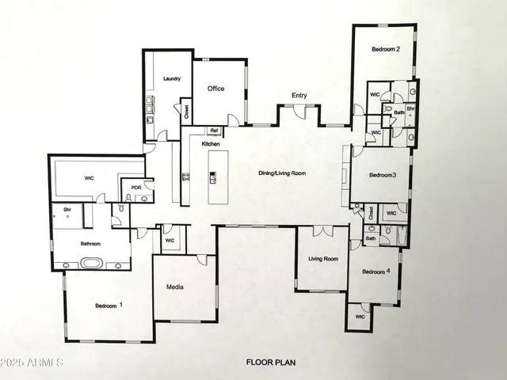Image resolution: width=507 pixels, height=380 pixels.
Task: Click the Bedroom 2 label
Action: (386, 50)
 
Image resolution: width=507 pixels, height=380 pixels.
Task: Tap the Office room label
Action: (216, 89)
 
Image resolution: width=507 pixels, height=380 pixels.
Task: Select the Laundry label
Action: (172, 79)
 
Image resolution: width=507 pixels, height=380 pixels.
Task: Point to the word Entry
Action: (299, 96)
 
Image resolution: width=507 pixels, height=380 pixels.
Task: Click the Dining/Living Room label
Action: (282, 173)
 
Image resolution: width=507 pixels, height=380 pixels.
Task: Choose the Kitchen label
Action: (210, 144)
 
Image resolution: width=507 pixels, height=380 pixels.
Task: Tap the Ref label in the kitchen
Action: (214, 131)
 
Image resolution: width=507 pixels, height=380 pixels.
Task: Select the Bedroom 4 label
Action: (376, 272)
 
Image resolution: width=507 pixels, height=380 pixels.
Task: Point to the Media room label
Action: (175, 287)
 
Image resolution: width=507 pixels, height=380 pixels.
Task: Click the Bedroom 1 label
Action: (109, 306)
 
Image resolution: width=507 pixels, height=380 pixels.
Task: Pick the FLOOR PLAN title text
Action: (272, 363)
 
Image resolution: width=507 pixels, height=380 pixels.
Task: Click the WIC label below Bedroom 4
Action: (360, 317)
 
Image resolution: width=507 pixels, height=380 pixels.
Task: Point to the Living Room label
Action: (323, 259)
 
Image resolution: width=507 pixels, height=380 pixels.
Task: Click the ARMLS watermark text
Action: (32, 363)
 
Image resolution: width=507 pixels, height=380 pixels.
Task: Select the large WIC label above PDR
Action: (90, 178)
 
